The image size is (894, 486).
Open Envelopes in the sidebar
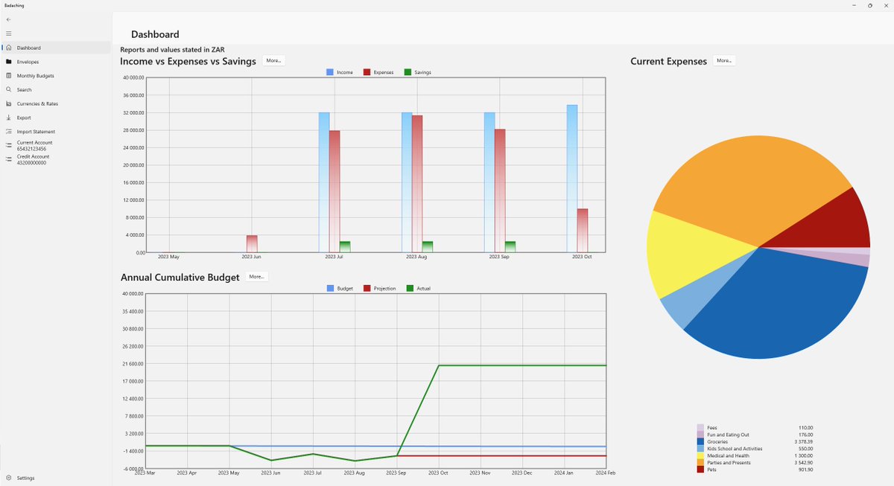click(x=28, y=62)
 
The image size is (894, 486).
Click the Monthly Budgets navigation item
click(x=35, y=76)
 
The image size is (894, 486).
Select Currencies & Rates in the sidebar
click(x=37, y=103)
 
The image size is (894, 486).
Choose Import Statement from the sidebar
click(x=36, y=132)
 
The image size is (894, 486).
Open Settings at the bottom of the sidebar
click(x=25, y=478)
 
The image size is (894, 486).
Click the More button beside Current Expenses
click(x=724, y=60)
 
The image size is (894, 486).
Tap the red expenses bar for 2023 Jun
click(x=252, y=243)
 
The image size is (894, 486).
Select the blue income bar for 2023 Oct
click(x=571, y=179)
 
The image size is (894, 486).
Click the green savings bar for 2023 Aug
click(x=428, y=246)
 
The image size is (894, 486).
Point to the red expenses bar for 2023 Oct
click(x=583, y=231)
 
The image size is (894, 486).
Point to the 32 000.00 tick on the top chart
click(x=134, y=113)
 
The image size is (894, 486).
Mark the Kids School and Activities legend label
click(x=735, y=449)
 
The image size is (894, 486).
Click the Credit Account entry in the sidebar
click(x=33, y=160)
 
